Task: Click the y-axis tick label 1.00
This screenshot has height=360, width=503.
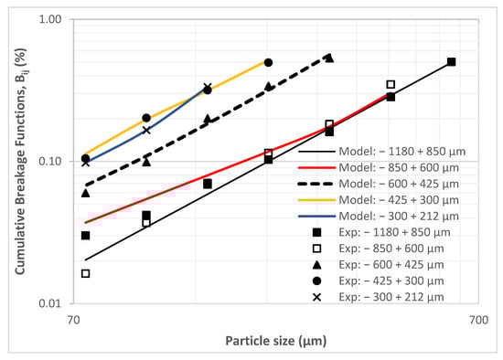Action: click(x=48, y=19)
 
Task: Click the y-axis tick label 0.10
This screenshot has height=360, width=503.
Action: click(x=48, y=162)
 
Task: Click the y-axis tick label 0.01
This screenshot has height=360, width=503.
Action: click(x=48, y=304)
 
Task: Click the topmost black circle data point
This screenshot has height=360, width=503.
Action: click(x=268, y=62)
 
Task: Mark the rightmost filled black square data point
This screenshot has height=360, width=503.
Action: click(x=451, y=62)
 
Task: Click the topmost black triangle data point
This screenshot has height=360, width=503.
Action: click(x=329, y=58)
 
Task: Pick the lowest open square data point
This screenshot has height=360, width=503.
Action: click(x=85, y=273)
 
